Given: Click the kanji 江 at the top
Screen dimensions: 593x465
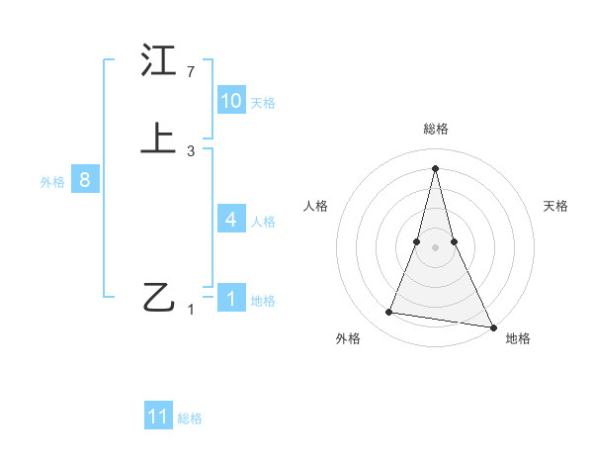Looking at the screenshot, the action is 158,61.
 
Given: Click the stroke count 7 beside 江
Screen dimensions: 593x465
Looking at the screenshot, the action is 191,72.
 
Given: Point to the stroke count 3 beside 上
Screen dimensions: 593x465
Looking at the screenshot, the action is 191,151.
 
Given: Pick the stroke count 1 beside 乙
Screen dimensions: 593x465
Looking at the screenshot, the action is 191,309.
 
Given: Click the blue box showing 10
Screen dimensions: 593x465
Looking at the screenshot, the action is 231,101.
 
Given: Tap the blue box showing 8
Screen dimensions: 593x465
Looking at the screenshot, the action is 85,180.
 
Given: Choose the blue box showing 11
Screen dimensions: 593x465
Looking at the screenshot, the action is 158,417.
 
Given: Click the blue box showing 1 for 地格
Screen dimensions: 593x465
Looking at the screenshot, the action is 231,298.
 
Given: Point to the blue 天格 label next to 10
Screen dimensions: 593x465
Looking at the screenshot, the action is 263,103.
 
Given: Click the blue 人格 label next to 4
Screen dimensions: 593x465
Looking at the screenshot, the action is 263,222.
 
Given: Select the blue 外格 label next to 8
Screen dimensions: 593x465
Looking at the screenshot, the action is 52,182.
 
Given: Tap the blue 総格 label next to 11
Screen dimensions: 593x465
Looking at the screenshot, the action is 190,418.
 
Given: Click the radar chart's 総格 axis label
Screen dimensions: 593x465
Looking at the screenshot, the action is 435,129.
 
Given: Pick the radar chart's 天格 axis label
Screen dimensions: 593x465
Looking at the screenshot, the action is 555,206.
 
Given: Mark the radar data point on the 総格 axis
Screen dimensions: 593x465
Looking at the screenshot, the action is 435,167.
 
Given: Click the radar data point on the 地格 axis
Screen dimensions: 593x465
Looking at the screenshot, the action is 492,325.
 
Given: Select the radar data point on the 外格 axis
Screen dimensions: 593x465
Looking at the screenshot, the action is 388,313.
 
